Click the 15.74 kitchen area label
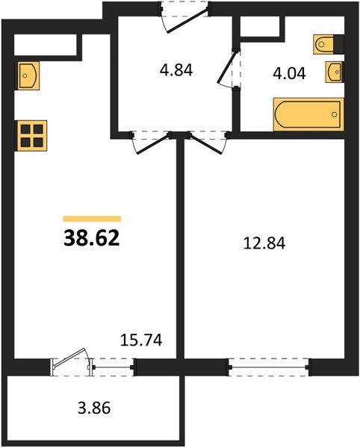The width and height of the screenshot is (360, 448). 141,340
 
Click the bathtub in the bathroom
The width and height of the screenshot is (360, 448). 308,114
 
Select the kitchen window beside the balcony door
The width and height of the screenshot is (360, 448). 112,366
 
